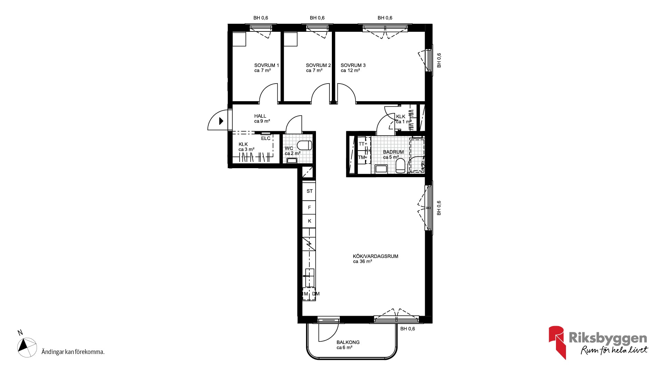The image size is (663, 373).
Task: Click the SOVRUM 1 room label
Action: pos(267,65)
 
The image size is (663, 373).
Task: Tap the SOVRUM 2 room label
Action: pos(318,65)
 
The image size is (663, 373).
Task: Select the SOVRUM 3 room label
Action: pos(353,65)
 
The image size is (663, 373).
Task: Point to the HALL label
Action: pos(260,116)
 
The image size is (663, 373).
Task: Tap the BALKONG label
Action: pos(348,342)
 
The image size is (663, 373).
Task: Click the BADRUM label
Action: pos(393,152)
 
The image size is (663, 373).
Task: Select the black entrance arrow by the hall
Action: pos(221,121)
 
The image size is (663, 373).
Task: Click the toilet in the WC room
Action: pos(305,145)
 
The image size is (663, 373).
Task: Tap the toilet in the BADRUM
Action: pos(400,166)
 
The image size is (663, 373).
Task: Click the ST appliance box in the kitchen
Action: pos(309,191)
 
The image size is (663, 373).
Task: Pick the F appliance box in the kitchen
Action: pos(309,208)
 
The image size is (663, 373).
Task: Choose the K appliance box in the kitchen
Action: pos(309,221)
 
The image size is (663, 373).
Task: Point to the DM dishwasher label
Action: pos(316,294)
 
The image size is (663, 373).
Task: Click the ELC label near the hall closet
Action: pos(266,138)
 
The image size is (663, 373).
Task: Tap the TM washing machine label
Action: pos(362,157)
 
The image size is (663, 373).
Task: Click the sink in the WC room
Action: pos(292,160)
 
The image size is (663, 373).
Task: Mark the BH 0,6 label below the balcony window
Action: pos(407,329)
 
